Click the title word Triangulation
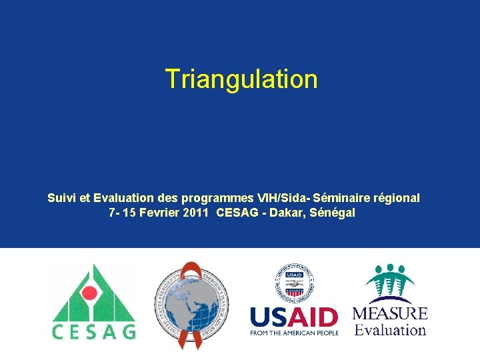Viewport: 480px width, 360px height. pyautogui.click(x=241, y=79)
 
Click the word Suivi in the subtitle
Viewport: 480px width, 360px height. pyautogui.click(x=61, y=198)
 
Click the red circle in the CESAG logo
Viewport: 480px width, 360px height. pyautogui.click(x=94, y=293)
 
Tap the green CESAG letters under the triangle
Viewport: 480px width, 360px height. pyautogui.click(x=94, y=331)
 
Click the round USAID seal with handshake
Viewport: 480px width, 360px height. pyautogui.click(x=294, y=282)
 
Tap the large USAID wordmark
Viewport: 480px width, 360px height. pyautogui.click(x=294, y=316)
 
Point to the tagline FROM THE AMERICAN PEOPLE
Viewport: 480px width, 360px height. pyautogui.click(x=294, y=333)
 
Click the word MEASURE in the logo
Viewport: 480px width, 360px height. pyautogui.click(x=390, y=313)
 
